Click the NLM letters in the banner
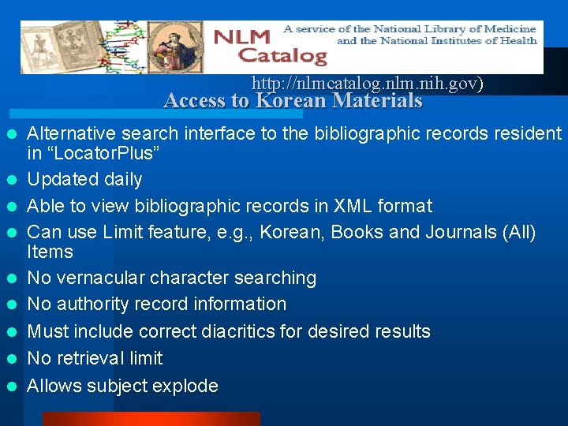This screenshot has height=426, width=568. click(x=241, y=37)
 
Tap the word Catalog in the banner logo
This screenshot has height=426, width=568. click(x=282, y=55)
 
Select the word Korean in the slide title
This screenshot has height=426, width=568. click(x=291, y=101)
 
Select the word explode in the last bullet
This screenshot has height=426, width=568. click(x=188, y=386)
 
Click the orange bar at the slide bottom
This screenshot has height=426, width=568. click(x=150, y=419)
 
